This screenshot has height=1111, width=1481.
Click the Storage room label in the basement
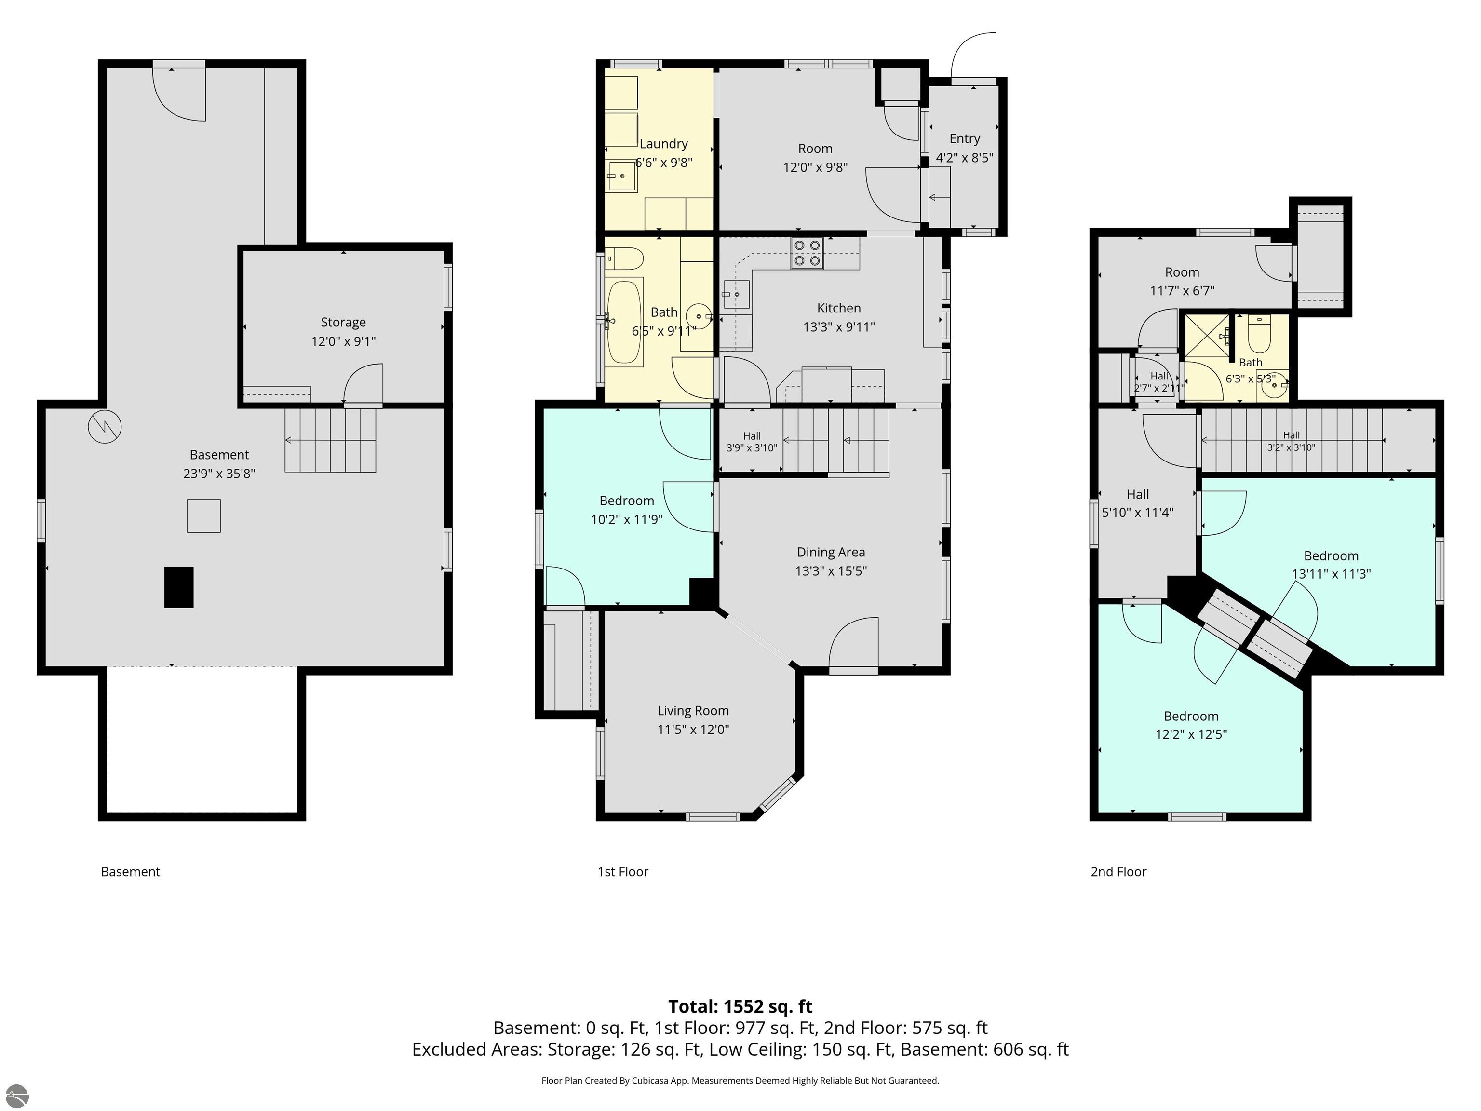click(x=343, y=322)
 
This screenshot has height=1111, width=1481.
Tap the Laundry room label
click(x=663, y=143)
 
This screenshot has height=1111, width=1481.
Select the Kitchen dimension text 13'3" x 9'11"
click(x=839, y=327)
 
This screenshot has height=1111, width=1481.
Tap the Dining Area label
click(x=831, y=552)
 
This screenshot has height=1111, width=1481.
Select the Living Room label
click(x=693, y=711)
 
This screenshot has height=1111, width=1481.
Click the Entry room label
click(x=965, y=138)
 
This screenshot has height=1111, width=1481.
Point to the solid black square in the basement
click(x=179, y=587)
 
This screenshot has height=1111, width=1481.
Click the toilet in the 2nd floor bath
click(x=1259, y=334)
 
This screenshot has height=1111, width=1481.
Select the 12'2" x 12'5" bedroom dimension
click(x=1191, y=734)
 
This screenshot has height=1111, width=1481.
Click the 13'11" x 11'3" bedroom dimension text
click(x=1331, y=574)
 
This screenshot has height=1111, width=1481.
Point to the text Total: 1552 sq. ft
click(x=740, y=1006)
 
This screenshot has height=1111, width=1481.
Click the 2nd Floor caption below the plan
click(x=1119, y=872)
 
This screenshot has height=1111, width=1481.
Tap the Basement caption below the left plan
click(x=131, y=872)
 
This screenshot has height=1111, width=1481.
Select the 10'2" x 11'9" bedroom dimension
click(x=627, y=519)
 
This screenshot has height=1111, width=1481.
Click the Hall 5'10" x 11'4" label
click(x=1138, y=503)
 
